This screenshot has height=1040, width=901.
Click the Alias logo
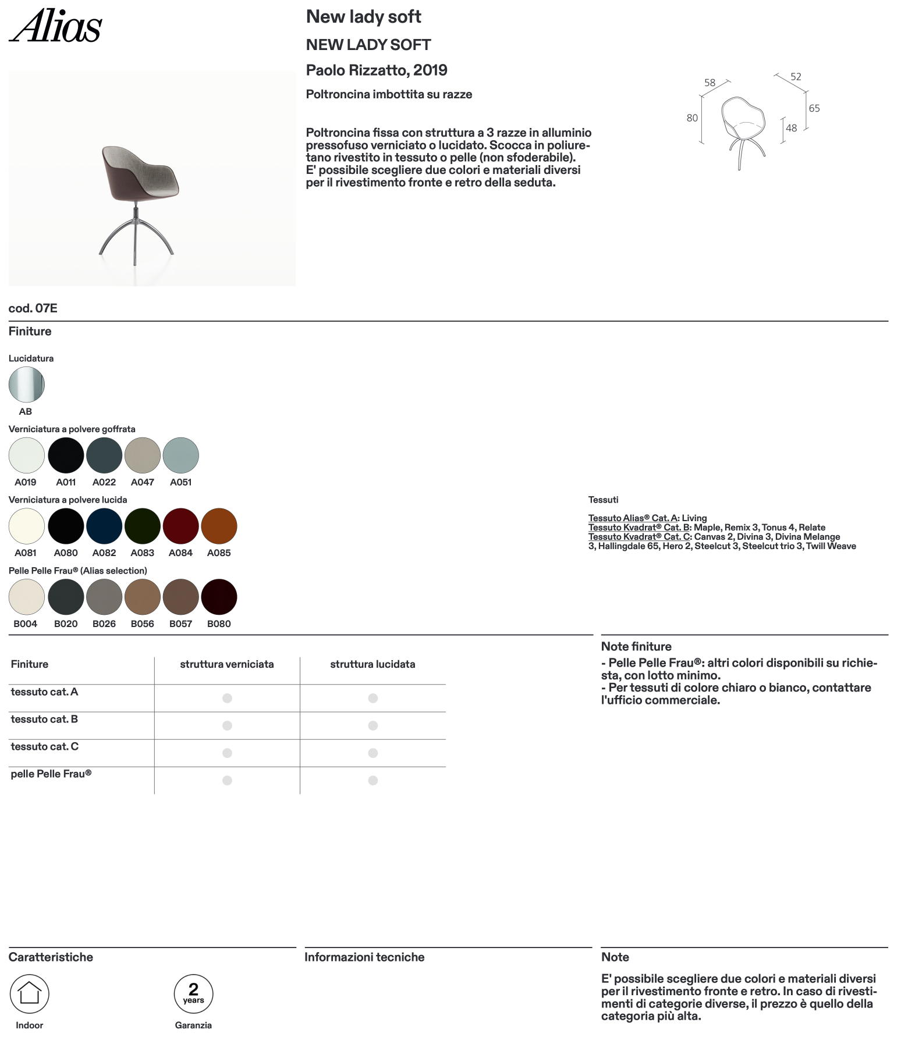pos(55,26)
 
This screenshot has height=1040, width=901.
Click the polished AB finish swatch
pos(26,384)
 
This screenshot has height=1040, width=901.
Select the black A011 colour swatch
pos(66,455)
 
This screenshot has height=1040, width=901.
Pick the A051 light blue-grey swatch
pos(181,455)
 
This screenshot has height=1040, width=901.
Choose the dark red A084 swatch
pos(181,526)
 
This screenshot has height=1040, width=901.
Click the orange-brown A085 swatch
pos(219,526)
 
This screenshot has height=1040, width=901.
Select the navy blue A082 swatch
pos(104,526)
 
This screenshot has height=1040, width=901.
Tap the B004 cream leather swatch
pos(26,597)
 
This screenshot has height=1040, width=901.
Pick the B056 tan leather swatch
pos(143,597)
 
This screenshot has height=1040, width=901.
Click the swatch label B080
pos(219,624)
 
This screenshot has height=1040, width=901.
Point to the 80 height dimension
pos(692,118)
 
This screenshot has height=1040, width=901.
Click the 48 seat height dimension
pos(792,128)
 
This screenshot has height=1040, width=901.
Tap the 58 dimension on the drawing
pos(710,83)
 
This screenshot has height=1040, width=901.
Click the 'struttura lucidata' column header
pos(373,664)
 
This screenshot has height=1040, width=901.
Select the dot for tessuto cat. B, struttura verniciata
pos(228,726)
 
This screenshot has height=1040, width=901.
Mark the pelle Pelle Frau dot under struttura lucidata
pos(373,781)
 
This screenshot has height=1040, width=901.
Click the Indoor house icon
pos(30,993)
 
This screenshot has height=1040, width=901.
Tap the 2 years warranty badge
pos(194,993)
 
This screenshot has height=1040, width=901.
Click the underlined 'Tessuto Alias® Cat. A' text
pos(633,518)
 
